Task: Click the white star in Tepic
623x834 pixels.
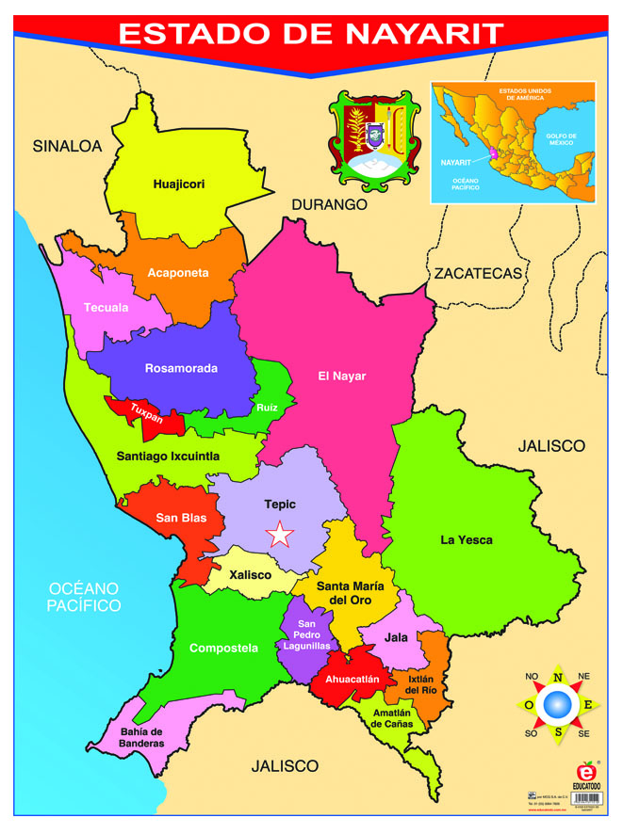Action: [279, 535]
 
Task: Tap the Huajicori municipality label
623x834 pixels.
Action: [179, 184]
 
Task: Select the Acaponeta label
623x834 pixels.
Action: [178, 273]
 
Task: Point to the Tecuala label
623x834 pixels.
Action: [106, 308]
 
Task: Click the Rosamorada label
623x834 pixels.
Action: [181, 368]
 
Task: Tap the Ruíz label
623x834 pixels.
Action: [267, 408]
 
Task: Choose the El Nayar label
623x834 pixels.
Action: [341, 377]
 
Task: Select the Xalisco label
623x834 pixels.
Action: [249, 574]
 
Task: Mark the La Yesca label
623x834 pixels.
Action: [467, 540]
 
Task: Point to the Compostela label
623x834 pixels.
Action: [223, 648]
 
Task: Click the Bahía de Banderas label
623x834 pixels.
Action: [141, 737]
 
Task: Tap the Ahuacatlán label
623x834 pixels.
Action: [352, 679]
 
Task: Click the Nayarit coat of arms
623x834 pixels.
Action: [374, 138]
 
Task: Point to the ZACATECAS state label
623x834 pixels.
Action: [477, 273]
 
